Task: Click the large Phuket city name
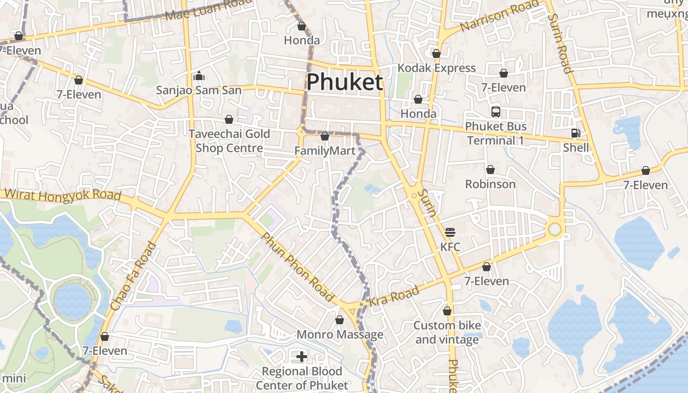pyautogui.click(x=344, y=82)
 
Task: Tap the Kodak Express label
pyautogui.click(x=436, y=68)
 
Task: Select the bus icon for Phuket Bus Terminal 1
pyautogui.click(x=495, y=112)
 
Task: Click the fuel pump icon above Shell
pyautogui.click(x=575, y=133)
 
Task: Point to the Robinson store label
pyautogui.click(x=490, y=184)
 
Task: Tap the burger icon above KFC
pyautogui.click(x=450, y=232)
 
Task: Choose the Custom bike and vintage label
pyautogui.click(x=447, y=332)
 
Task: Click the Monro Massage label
pyautogui.click(x=340, y=335)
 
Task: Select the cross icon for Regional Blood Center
pyautogui.click(x=302, y=357)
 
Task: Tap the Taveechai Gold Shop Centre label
pyautogui.click(x=229, y=141)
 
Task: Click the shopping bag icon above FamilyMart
pyautogui.click(x=325, y=136)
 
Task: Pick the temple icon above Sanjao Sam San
pyautogui.click(x=199, y=76)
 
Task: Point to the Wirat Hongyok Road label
pyautogui.click(x=62, y=195)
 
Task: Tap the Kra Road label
pyautogui.click(x=394, y=295)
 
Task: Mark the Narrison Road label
pyautogui.click(x=499, y=17)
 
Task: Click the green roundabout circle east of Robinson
pyautogui.click(x=555, y=229)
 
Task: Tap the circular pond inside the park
pyautogui.click(x=73, y=300)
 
